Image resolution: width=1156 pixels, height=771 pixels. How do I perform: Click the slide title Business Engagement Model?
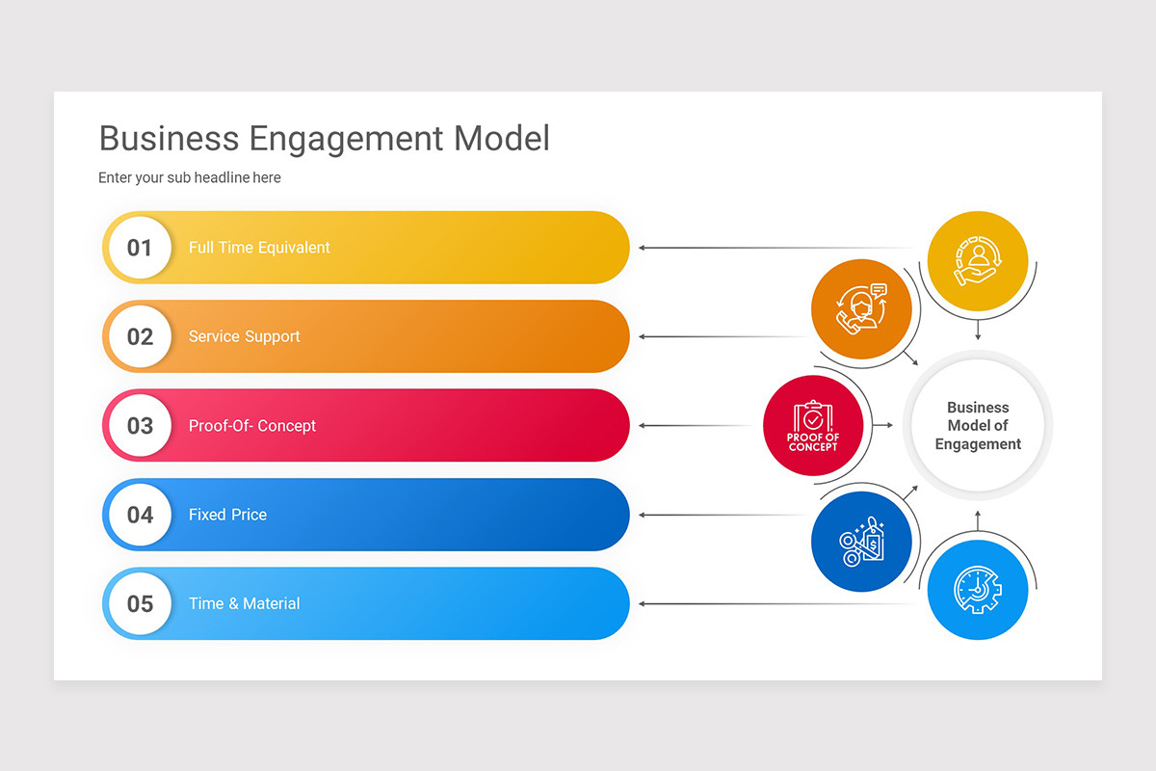[324, 138]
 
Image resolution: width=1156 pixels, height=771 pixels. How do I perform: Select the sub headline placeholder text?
[190, 177]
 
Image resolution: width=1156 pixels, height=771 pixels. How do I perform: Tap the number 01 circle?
[140, 248]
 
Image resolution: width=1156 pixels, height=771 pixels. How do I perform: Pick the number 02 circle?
[140, 336]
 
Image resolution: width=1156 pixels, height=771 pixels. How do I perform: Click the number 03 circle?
[140, 425]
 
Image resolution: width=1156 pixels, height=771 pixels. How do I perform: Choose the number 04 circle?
[140, 515]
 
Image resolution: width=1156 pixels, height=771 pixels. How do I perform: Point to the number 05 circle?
[140, 603]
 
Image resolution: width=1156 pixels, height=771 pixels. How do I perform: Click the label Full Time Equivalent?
[259, 248]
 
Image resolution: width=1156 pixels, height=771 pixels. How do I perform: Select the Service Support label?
[244, 336]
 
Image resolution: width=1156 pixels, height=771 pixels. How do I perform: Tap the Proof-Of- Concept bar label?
[252, 425]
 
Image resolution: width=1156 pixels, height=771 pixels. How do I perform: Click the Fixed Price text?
[227, 515]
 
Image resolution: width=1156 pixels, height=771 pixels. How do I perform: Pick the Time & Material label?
[244, 603]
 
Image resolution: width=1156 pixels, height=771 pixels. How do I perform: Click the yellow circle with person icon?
[978, 261]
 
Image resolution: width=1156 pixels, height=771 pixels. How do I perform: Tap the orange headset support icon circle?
[861, 309]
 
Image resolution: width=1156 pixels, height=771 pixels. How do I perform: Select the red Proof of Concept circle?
[813, 425]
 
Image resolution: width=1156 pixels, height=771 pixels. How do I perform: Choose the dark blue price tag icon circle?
[861, 542]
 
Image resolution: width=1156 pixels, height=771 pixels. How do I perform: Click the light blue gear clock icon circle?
[978, 589]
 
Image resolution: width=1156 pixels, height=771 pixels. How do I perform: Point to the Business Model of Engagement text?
[978, 425]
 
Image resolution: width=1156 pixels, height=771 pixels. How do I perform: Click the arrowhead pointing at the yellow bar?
[643, 248]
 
